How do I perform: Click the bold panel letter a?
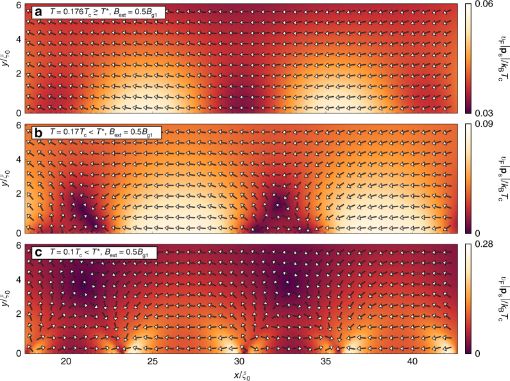(38, 12)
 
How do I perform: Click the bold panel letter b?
(38, 132)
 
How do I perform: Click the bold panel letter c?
(38, 253)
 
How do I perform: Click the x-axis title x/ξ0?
(239, 374)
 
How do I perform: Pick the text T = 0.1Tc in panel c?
(69, 253)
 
